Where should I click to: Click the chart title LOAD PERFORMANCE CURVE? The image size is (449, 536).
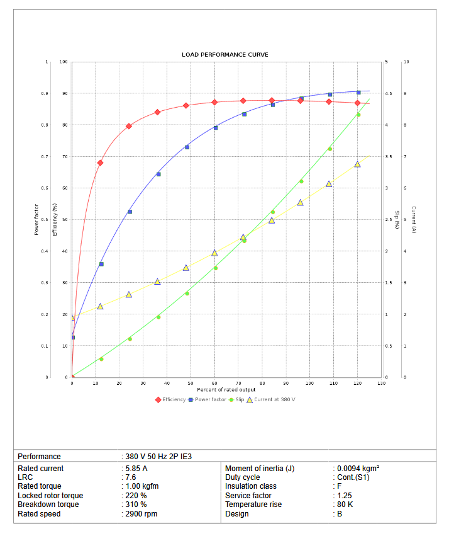tap(225, 55)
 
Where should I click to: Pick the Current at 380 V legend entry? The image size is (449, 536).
tap(270, 399)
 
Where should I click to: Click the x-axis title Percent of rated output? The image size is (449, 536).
tap(226, 390)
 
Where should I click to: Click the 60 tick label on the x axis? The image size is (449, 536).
tap(214, 383)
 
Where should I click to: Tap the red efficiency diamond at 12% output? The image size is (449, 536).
tap(100, 163)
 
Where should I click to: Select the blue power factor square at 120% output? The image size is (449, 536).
tap(358, 93)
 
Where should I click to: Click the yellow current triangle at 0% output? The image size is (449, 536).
tap(72, 317)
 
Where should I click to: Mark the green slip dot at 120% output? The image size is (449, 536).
tap(358, 115)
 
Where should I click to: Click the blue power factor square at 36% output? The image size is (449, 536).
tap(158, 174)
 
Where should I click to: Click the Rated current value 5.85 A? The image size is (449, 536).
tap(136, 469)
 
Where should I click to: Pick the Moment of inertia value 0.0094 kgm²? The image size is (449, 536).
tap(358, 469)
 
